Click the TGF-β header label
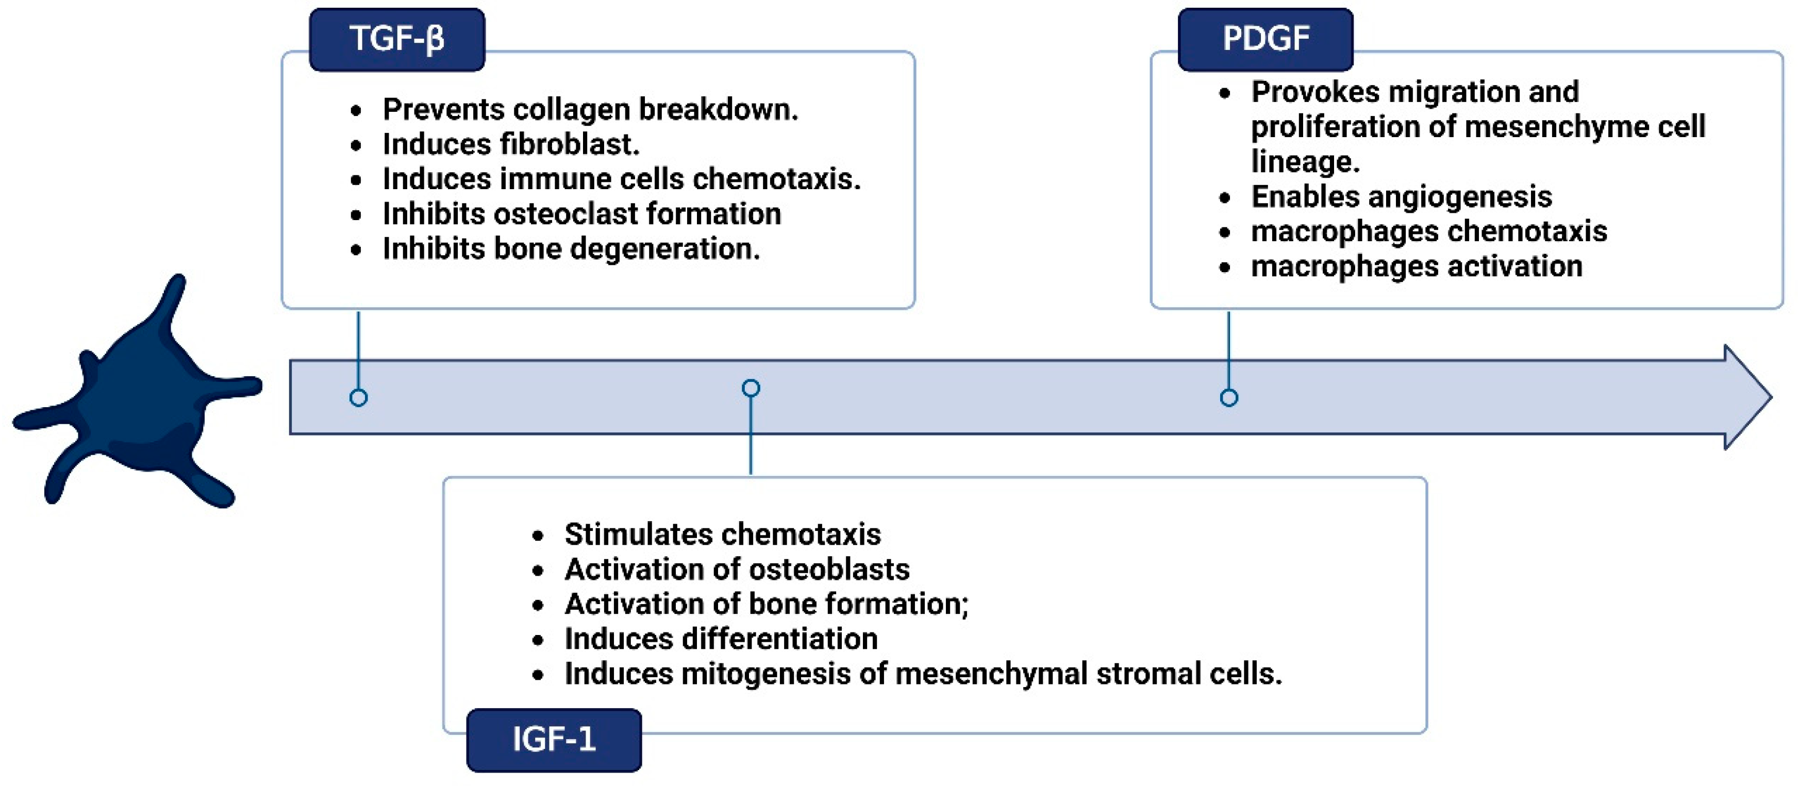[x=396, y=39]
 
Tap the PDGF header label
[x=1265, y=39]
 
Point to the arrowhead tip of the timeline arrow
[x=1769, y=397]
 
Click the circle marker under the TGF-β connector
[x=358, y=398]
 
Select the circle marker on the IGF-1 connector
[x=751, y=388]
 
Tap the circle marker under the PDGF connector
[x=1228, y=398]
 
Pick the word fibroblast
[x=569, y=144]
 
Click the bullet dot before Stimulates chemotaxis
[x=538, y=536]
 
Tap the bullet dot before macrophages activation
[x=1224, y=268]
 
